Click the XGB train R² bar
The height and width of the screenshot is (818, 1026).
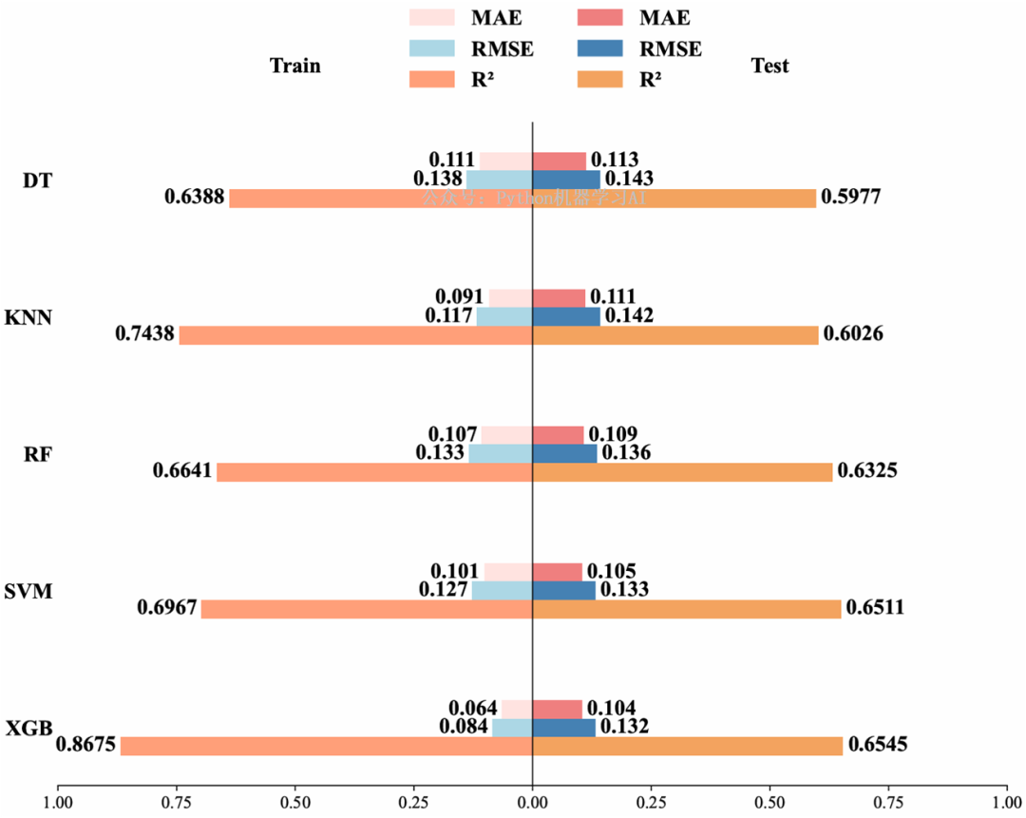coord(326,746)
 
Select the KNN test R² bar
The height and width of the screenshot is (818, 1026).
coord(674,335)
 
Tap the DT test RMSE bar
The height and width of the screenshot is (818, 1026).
coord(566,180)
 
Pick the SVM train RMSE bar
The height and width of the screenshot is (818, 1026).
coord(502,590)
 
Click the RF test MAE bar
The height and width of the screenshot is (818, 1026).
coord(558,435)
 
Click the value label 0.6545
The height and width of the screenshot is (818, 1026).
coord(878,745)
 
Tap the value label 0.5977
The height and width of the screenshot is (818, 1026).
coord(851,198)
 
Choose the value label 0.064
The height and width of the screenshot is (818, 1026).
coord(473,708)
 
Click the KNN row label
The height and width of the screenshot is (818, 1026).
coord(28,317)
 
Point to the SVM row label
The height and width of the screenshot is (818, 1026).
coord(28,591)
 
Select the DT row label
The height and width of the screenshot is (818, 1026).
coord(37,181)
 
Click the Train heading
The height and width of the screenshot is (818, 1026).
coord(295,67)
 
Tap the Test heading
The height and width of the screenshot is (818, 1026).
coord(769,67)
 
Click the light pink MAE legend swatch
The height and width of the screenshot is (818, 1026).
coord(431,18)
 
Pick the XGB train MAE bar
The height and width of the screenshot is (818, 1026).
coord(517,709)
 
